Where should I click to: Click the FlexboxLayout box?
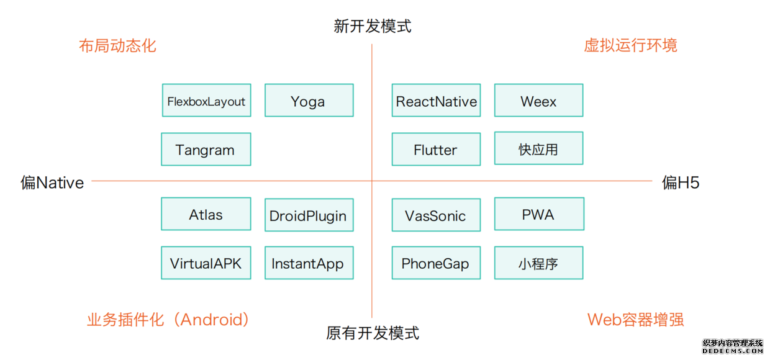206,101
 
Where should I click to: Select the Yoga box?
309,101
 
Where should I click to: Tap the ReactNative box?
436,101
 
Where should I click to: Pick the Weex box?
538,101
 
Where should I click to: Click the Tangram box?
206,149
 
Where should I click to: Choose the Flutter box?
436,149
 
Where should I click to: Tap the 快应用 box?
538,148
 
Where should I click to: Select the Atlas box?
206,214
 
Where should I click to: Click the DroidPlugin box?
309,215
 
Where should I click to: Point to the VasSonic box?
436,215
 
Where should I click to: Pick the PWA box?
538,214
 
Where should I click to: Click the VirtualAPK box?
206,263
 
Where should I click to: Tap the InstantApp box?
309,263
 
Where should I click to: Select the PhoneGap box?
436,263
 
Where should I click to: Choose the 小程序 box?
538,263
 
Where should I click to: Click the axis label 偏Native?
52,182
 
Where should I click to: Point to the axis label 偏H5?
681,182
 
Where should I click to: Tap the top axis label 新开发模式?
372,26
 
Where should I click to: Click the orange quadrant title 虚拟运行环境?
630,45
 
